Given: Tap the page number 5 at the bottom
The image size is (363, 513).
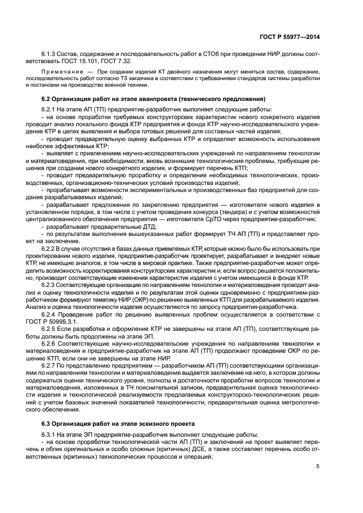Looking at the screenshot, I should point(319,466).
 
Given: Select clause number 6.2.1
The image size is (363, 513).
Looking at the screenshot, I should point(49,109).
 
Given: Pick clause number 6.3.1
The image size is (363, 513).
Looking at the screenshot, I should point(49,435).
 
